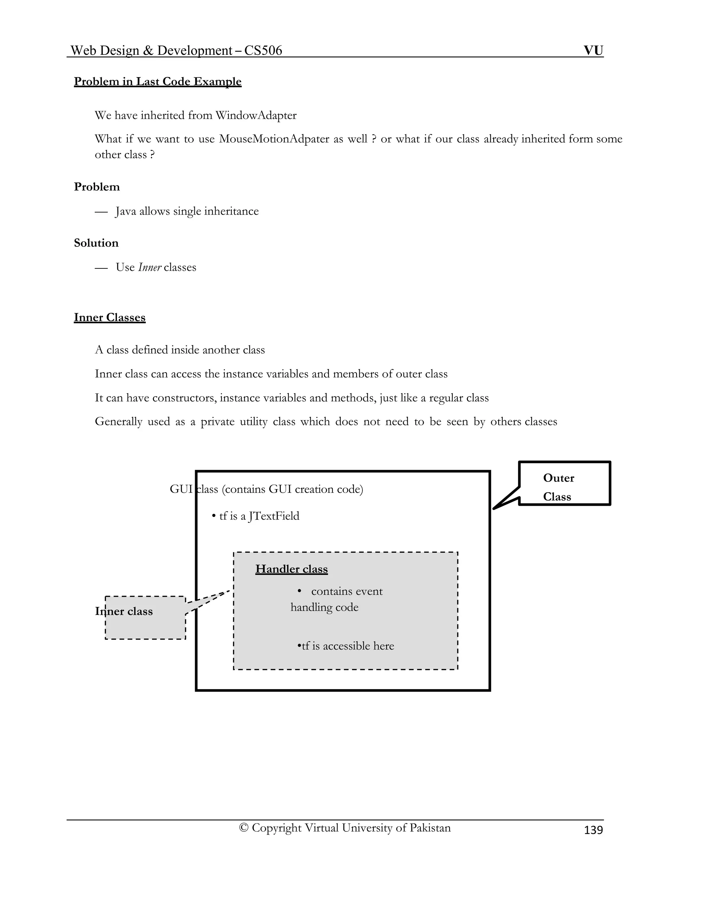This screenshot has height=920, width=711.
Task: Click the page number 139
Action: pos(593,830)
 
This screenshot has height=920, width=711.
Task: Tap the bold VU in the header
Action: pos(593,51)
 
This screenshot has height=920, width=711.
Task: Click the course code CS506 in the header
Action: pos(263,51)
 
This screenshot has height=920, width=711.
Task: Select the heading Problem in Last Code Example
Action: pos(158,81)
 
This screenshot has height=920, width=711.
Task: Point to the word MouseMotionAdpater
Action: pos(274,139)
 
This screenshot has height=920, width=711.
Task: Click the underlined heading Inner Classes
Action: pos(109,317)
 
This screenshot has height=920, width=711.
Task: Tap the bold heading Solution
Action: pos(96,243)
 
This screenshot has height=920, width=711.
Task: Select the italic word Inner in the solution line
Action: pos(150,267)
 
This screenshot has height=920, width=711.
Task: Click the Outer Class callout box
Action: pos(564,484)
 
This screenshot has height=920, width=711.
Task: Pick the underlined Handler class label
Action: pos(292,569)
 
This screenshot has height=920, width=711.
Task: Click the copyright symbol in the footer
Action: pos(243,828)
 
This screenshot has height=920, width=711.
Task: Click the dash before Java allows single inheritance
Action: pos(101,211)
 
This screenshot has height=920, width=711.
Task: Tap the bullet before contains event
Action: pos(300,591)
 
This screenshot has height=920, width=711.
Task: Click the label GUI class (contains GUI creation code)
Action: pos(266,489)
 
